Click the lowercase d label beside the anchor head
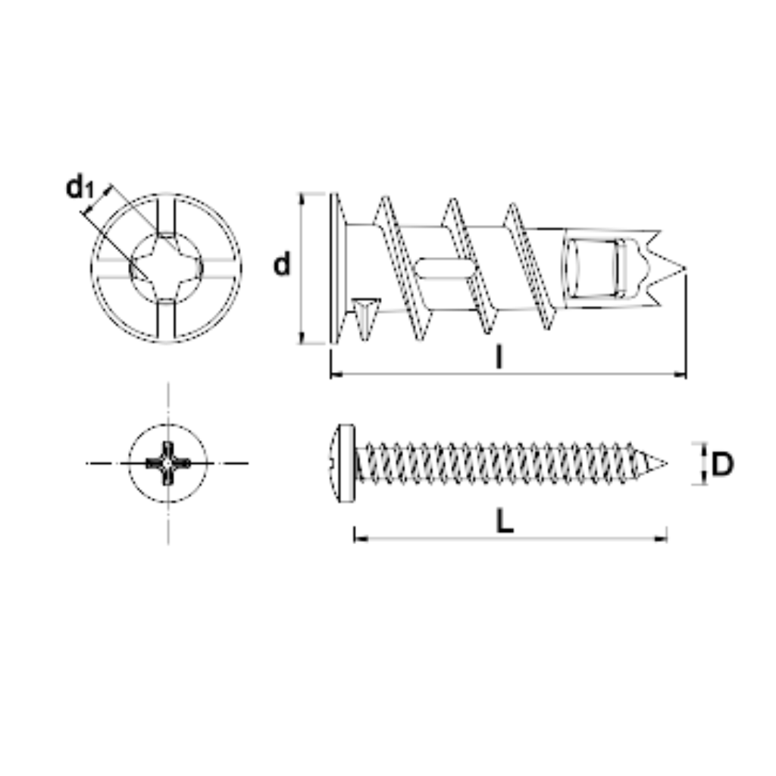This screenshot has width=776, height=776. pos(282,264)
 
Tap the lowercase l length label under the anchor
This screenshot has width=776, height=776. pos(500,357)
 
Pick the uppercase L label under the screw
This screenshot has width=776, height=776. pos(505,521)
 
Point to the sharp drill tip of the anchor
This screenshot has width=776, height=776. pos(685,269)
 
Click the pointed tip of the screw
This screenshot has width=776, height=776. pos(666,464)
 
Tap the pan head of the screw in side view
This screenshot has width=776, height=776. pos(343,463)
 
